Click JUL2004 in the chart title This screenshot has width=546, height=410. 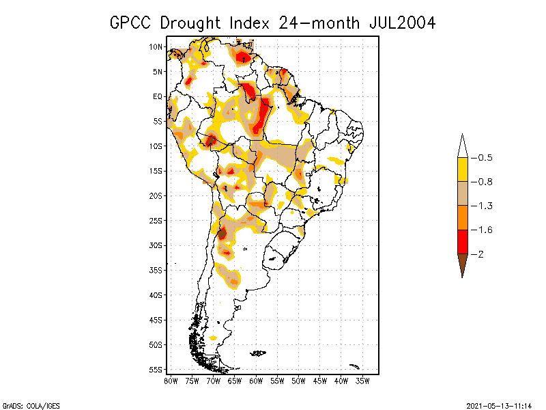pyautogui.click(x=402, y=23)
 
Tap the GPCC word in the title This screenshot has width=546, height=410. pyautogui.click(x=132, y=23)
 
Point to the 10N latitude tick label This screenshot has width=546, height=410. pyautogui.click(x=156, y=46)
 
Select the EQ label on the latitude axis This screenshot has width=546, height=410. pyautogui.click(x=157, y=96)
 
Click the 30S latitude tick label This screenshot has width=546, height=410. pyautogui.click(x=156, y=245)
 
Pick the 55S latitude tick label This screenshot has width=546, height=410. pyautogui.click(x=156, y=369)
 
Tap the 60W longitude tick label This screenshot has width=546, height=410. pyautogui.click(x=256, y=380)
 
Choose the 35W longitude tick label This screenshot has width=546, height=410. pyautogui.click(x=363, y=380)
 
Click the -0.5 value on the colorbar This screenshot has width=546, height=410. pyautogui.click(x=485, y=158)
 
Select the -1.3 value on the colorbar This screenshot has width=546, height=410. pyautogui.click(x=485, y=206)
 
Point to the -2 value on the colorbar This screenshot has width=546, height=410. pyautogui.click(x=480, y=254)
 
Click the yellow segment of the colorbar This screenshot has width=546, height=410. pyautogui.click(x=463, y=169)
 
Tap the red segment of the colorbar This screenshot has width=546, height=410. pyautogui.click(x=463, y=242)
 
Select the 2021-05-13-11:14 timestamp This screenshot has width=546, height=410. pyautogui.click(x=499, y=404)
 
